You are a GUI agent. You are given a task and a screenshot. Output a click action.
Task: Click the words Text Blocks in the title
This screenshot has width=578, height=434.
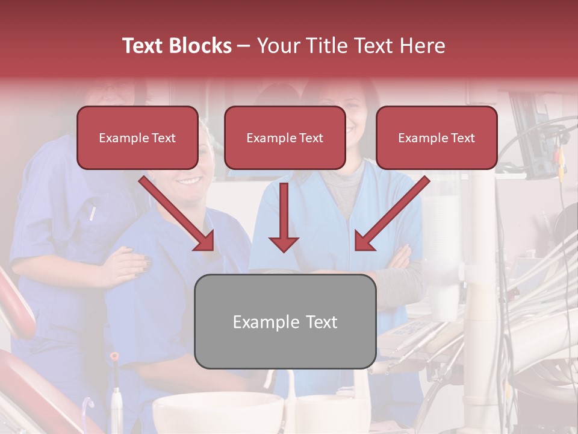pyautogui.click(x=176, y=46)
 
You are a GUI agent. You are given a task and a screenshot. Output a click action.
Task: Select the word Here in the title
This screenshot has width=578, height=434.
pyautogui.click(x=421, y=46)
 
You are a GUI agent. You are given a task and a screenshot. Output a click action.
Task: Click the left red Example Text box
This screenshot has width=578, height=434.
pyautogui.click(x=137, y=138)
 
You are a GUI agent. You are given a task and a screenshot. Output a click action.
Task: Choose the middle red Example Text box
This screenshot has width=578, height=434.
pyautogui.click(x=285, y=138)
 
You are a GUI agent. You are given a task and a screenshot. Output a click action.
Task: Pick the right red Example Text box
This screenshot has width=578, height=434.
pyautogui.click(x=437, y=138)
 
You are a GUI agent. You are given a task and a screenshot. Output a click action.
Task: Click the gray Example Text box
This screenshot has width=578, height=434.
pyautogui.click(x=285, y=322)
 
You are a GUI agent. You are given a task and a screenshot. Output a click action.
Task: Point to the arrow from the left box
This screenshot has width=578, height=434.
pyautogui.click(x=178, y=214)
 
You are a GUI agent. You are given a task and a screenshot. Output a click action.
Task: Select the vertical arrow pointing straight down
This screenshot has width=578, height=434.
pyautogui.click(x=284, y=217)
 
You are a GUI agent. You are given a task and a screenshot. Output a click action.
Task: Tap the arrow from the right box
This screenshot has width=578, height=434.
pyautogui.click(x=391, y=214)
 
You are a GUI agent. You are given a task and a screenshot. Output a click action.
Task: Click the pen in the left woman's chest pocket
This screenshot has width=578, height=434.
pyautogui.click(x=93, y=213)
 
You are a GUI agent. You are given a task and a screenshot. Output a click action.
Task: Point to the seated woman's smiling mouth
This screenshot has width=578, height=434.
pyautogui.click(x=189, y=180)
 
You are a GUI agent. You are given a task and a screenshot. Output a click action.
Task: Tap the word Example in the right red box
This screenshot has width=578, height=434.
pyautogui.click(x=420, y=138)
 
